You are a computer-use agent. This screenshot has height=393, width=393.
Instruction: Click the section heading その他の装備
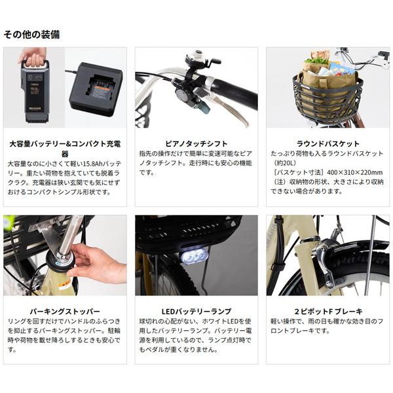coord(31,34)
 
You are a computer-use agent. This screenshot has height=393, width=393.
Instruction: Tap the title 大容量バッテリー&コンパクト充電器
coord(65,149)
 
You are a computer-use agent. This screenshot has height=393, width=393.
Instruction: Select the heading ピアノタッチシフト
coord(196,143)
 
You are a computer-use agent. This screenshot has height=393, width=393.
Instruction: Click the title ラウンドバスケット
coord(328,143)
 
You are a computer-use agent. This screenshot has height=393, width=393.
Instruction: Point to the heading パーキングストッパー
coord(65,311)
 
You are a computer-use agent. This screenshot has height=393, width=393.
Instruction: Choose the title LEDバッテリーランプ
coord(196,311)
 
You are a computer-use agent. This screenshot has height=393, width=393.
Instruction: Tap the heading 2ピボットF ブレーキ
coord(328,311)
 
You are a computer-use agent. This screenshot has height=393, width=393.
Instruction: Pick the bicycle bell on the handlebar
coord(198,58)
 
